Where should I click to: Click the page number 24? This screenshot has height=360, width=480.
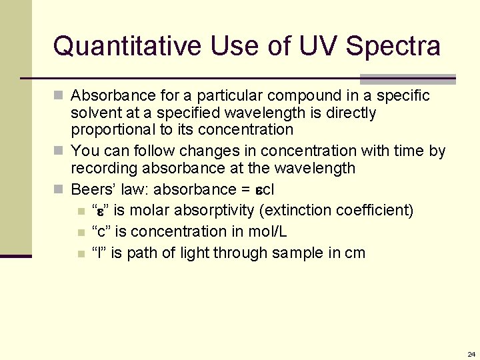tap(471, 354)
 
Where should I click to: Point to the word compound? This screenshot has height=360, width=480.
tap(279, 95)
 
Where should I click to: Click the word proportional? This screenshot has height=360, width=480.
tap(111, 129)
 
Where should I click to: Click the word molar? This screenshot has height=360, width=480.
tap(150, 211)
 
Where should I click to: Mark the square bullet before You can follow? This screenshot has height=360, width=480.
tap(61, 151)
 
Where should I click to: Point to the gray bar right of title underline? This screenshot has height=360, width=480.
tap(407, 79)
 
